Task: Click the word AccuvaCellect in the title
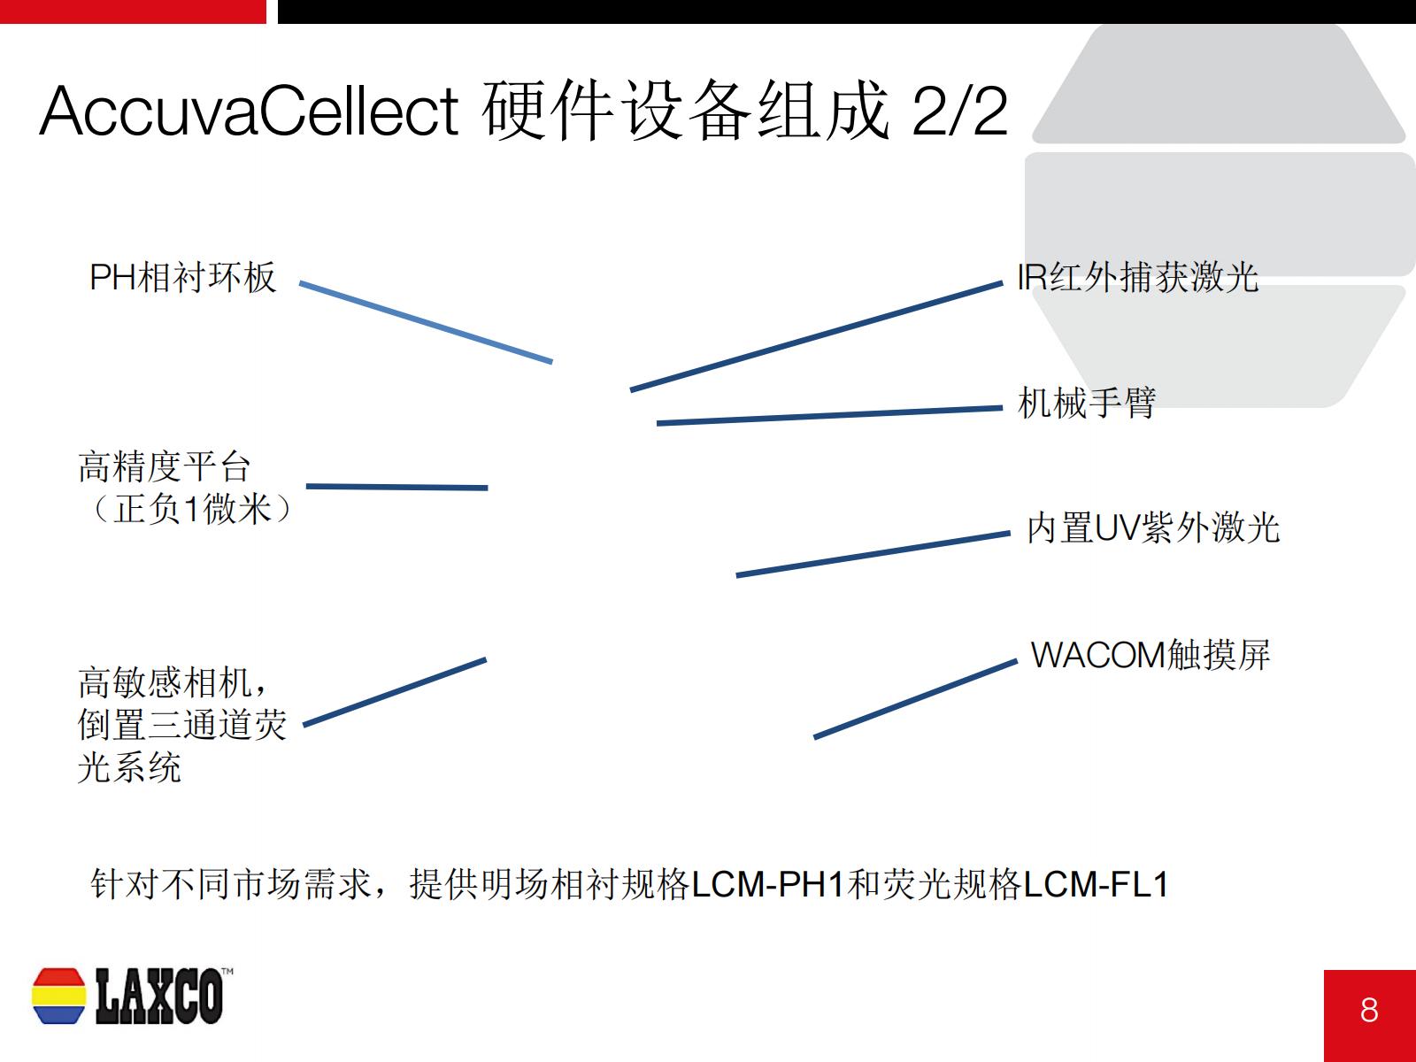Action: (x=249, y=111)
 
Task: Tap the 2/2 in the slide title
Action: (x=960, y=111)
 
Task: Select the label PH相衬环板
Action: (x=182, y=277)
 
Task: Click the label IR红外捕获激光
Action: (x=1137, y=277)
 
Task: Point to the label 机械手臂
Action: (x=1087, y=403)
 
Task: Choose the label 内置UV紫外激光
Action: (x=1153, y=527)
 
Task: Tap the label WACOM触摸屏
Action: (x=1150, y=655)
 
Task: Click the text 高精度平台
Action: (x=164, y=466)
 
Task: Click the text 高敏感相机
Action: (x=165, y=683)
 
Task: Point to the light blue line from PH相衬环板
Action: (x=426, y=322)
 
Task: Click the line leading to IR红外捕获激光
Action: (x=816, y=336)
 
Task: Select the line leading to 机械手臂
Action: (x=829, y=415)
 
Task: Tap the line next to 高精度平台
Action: (x=396, y=487)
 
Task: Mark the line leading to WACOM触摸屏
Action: (x=915, y=699)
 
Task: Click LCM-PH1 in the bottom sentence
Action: (x=767, y=884)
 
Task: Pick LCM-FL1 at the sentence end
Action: (x=1096, y=884)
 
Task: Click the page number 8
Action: (x=1369, y=1010)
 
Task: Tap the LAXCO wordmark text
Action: (x=160, y=996)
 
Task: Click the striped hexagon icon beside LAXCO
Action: (x=58, y=996)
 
